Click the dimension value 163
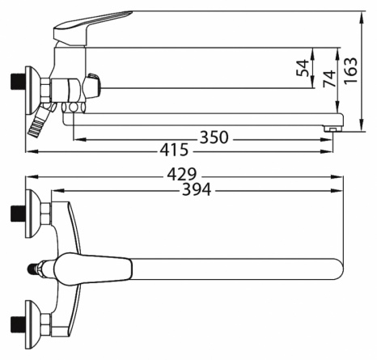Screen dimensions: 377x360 [x=350, y=70]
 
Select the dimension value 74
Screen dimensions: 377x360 [x=329, y=78]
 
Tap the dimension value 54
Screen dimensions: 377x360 [x=303, y=68]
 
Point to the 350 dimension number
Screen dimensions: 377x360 [x=214, y=138]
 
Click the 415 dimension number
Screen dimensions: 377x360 [x=174, y=150]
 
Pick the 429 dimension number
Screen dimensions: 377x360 [x=182, y=174]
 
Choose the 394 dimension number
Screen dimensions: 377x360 [x=197, y=189]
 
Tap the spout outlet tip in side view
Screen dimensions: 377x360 [x=333, y=129]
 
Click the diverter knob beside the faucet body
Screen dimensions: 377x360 [x=91, y=87]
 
